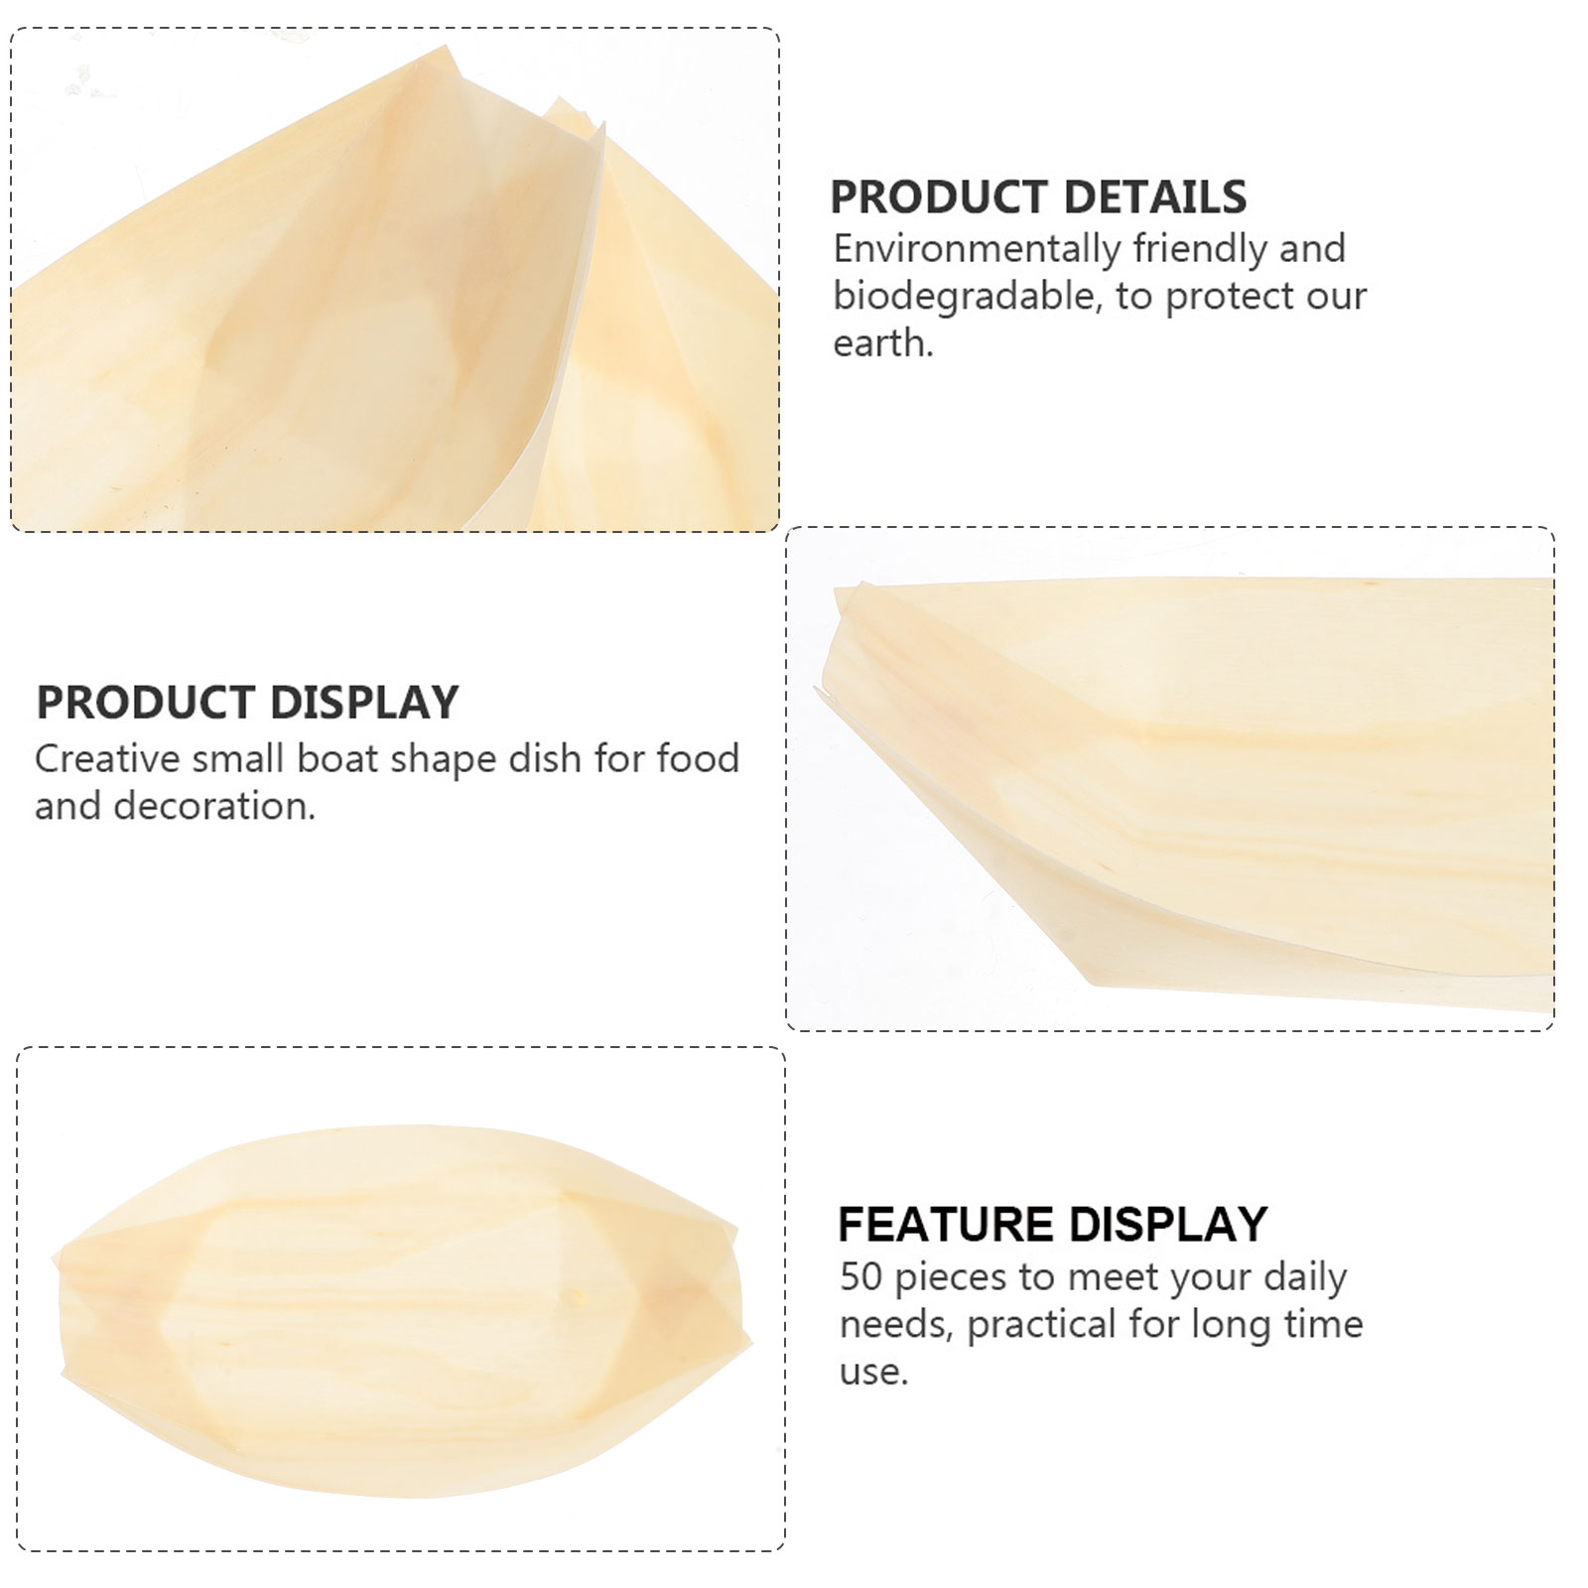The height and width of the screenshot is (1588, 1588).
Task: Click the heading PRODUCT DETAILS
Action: tap(1038, 197)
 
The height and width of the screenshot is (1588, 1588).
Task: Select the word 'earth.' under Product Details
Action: tap(883, 343)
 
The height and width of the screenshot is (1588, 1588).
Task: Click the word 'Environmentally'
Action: tap(977, 249)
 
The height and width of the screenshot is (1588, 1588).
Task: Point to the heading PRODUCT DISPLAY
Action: tap(247, 703)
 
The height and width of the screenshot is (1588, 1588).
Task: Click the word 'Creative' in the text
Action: tap(107, 759)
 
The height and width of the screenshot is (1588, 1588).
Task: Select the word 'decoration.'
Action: tap(214, 806)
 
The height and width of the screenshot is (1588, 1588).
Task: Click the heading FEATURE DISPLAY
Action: tap(1052, 1224)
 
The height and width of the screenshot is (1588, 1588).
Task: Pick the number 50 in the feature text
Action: tap(860, 1276)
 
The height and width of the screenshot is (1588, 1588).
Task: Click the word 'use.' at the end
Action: tap(874, 1372)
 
